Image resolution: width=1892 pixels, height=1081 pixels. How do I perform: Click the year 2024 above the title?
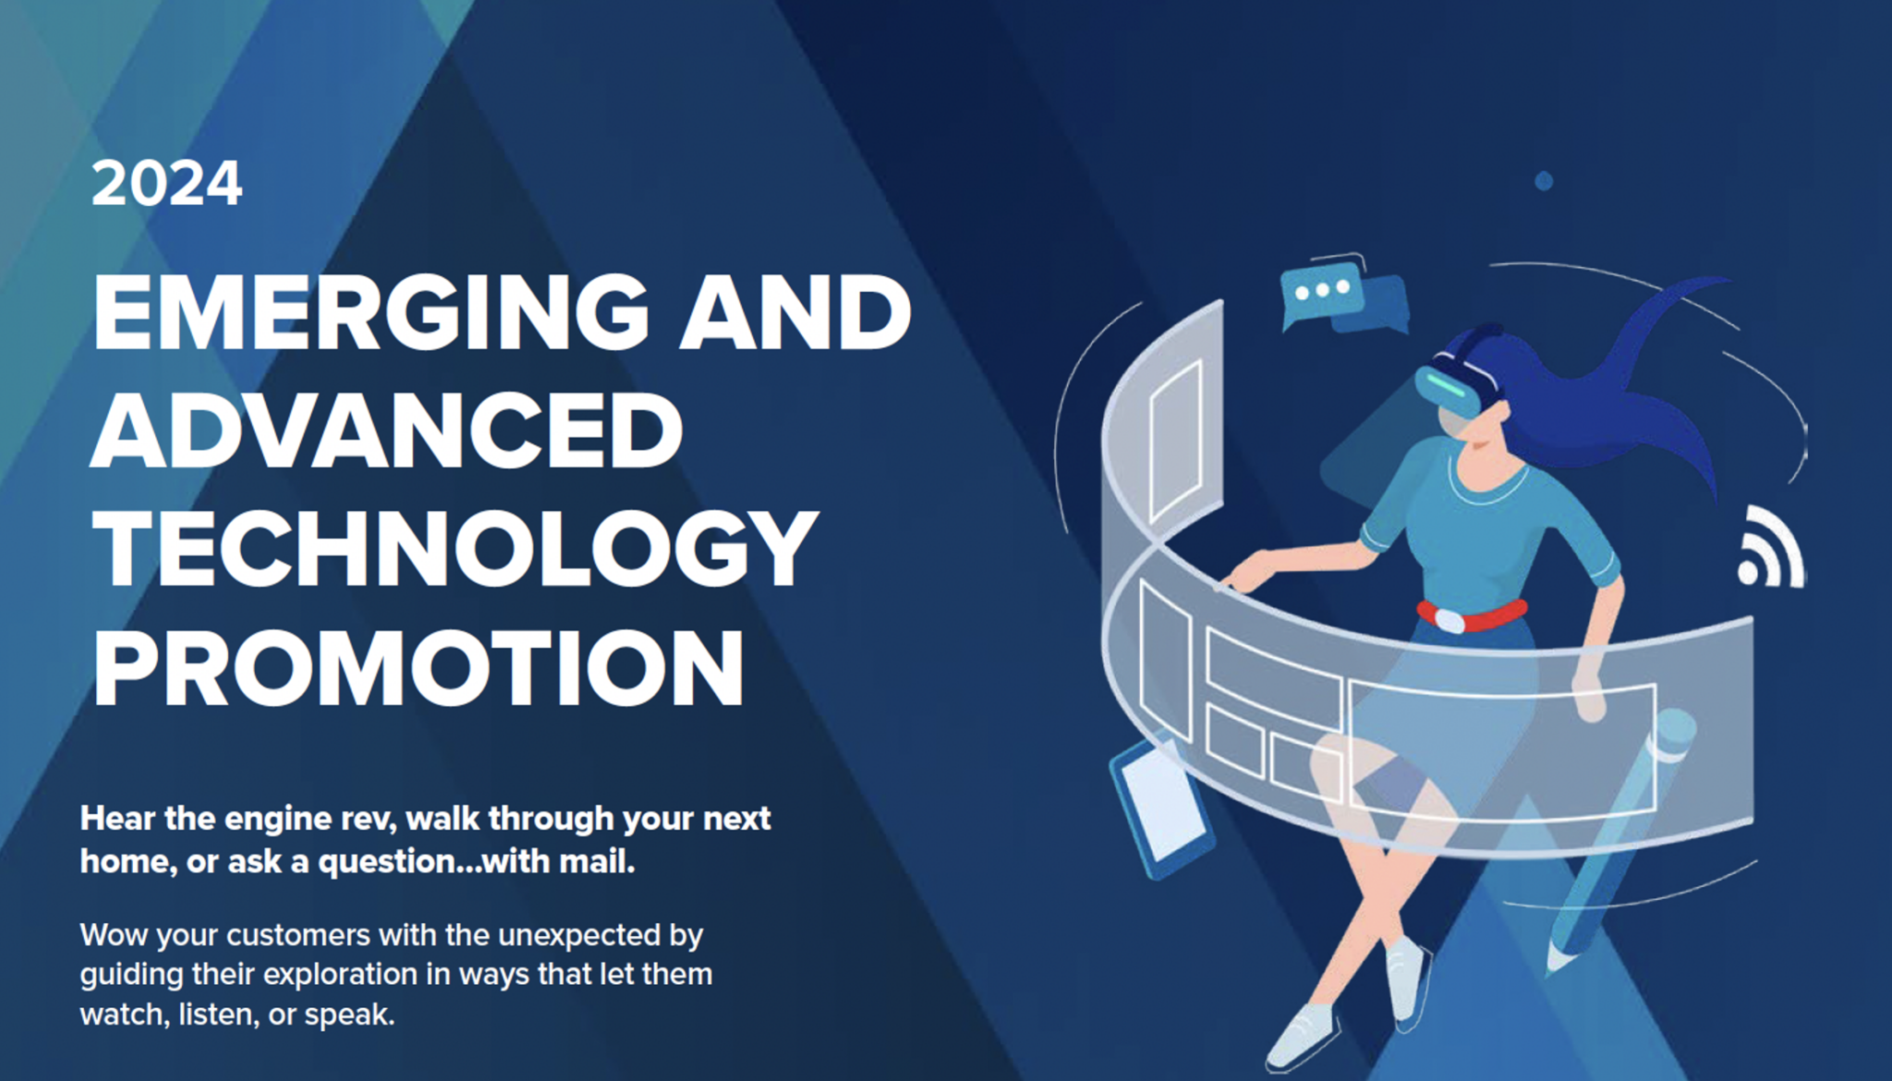click(x=167, y=184)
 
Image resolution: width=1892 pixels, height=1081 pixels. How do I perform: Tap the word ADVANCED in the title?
click(x=387, y=431)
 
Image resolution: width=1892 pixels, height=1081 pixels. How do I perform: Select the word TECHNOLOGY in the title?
click(x=455, y=549)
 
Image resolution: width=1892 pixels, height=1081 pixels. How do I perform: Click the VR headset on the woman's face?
click(x=1461, y=383)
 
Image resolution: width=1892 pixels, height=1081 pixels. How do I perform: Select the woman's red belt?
click(x=1471, y=614)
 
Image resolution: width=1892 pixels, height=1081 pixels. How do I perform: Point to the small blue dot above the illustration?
click(x=1544, y=181)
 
